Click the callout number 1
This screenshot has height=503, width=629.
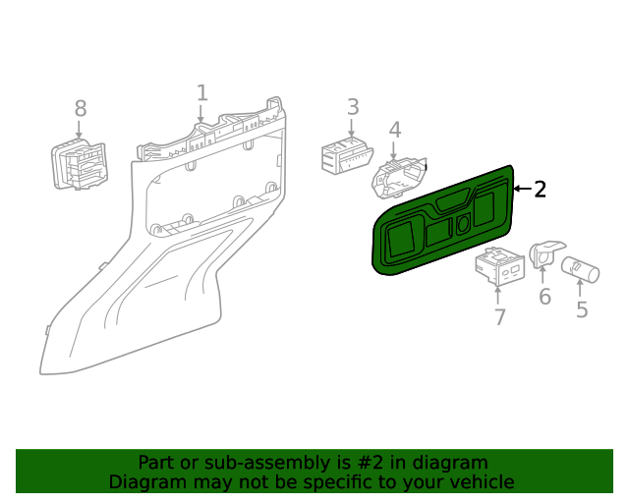[201, 93]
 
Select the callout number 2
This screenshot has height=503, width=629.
[540, 190]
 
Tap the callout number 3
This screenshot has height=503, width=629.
[352, 107]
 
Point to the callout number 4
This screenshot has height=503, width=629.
[394, 130]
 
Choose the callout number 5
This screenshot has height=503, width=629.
[582, 310]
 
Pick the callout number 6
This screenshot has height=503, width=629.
[544, 296]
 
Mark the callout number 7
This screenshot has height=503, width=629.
[499, 316]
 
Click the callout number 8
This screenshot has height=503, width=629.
[81, 108]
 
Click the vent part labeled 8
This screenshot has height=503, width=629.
[81, 164]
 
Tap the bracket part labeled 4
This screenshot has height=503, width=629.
[398, 177]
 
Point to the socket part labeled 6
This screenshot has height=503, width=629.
[543, 253]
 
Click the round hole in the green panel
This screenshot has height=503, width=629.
[463, 224]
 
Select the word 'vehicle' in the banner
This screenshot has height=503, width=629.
[481, 482]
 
